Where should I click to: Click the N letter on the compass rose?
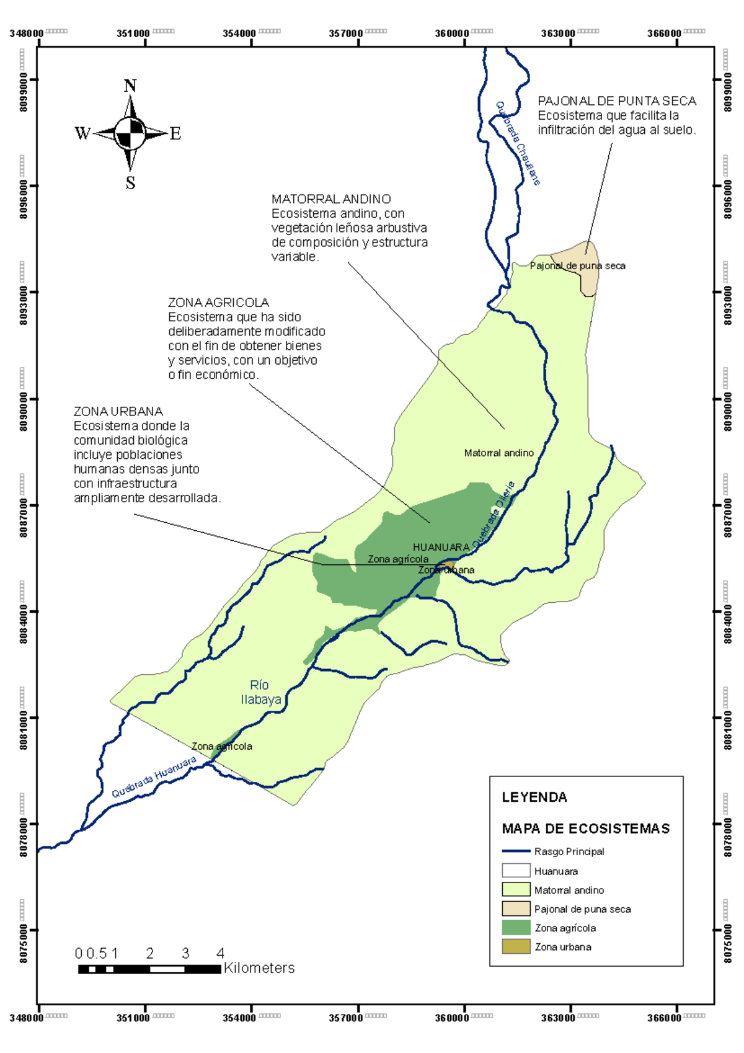130,86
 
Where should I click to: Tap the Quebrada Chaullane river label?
518,143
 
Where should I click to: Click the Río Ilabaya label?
260,692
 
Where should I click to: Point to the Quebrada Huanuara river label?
154,776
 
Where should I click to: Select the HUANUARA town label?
441,547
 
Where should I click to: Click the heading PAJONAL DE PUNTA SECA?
616,101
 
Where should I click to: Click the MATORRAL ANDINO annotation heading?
331,199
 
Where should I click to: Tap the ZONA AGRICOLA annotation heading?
218,303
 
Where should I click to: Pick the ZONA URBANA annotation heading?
118,412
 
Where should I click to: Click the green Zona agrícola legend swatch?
516,928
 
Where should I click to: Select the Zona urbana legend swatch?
516,947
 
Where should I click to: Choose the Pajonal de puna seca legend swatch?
516,909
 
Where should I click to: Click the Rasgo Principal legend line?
516,851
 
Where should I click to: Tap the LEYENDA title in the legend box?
534,798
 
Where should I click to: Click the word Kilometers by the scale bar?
259,968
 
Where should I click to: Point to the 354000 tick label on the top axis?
239,33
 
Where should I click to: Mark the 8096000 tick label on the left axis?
24,198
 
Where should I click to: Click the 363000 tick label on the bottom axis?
558,1018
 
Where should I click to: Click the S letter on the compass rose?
130,183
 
